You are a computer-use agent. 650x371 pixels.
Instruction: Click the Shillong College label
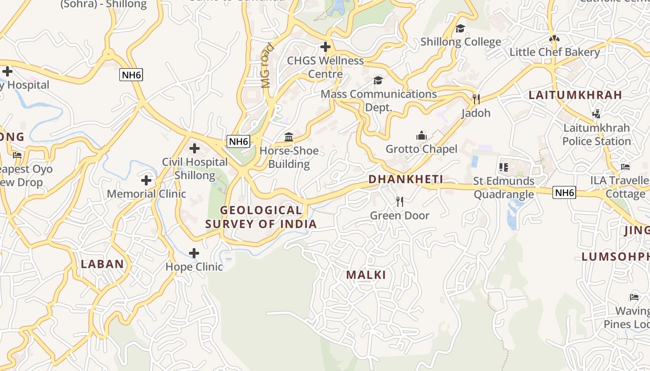(461, 42)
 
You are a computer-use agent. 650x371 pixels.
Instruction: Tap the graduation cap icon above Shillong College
(460, 28)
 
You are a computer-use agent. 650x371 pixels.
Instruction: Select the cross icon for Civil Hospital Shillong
(195, 148)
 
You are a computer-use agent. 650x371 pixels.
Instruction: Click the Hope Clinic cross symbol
(194, 253)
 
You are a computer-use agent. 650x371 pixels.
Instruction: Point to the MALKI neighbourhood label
(366, 275)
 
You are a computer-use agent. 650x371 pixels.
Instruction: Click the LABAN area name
(103, 264)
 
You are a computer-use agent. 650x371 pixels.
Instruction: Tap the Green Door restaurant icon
(399, 202)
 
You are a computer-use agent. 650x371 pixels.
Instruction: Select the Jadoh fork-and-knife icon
(475, 99)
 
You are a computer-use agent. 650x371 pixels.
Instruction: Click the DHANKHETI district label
(406, 179)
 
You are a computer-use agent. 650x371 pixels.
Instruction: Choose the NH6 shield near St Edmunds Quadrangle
(564, 192)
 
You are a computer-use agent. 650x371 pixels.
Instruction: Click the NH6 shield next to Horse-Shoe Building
(238, 141)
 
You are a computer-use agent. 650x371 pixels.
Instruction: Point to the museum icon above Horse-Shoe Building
(289, 137)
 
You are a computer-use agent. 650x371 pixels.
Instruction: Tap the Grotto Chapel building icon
(421, 135)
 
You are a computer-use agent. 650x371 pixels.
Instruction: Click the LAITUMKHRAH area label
(575, 95)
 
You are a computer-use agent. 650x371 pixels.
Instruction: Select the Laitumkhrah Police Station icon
(597, 114)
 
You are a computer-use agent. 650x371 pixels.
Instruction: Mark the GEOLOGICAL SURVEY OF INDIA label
(261, 217)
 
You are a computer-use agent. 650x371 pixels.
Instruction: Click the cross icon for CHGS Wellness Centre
(325, 47)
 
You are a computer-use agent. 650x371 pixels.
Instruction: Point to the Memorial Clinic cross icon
(146, 180)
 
